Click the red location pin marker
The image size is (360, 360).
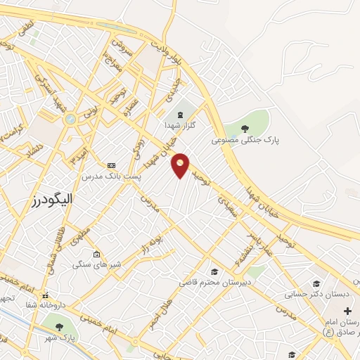coord(181,165)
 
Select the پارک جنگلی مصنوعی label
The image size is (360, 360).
coord(245,140)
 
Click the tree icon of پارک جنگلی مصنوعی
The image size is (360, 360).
coord(245,128)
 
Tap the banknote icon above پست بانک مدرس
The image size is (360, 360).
coord(110,166)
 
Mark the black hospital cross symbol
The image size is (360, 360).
coord(347,310)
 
